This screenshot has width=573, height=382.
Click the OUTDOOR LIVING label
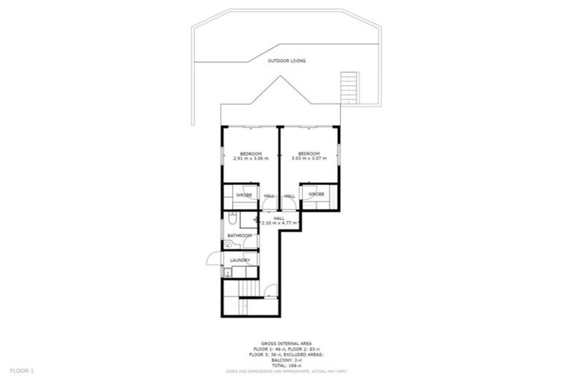click(286, 60)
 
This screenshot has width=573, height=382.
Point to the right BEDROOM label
click(309, 154)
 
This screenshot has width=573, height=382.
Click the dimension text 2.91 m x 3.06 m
click(249, 159)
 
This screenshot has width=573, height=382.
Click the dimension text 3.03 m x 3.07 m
click(309, 159)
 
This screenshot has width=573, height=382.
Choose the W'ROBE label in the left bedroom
click(244, 195)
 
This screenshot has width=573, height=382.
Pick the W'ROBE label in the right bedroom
click(316, 195)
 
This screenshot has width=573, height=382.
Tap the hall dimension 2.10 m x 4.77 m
click(279, 223)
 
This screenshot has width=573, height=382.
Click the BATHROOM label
click(239, 236)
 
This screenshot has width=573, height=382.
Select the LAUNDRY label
click(239, 260)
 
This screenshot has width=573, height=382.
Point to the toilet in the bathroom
click(233, 220)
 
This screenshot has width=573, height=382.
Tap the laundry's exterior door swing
click(213, 259)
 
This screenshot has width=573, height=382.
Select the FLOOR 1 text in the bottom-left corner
click(22, 369)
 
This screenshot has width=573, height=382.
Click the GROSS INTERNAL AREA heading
click(286, 342)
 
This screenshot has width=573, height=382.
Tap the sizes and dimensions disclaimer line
click(286, 370)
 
